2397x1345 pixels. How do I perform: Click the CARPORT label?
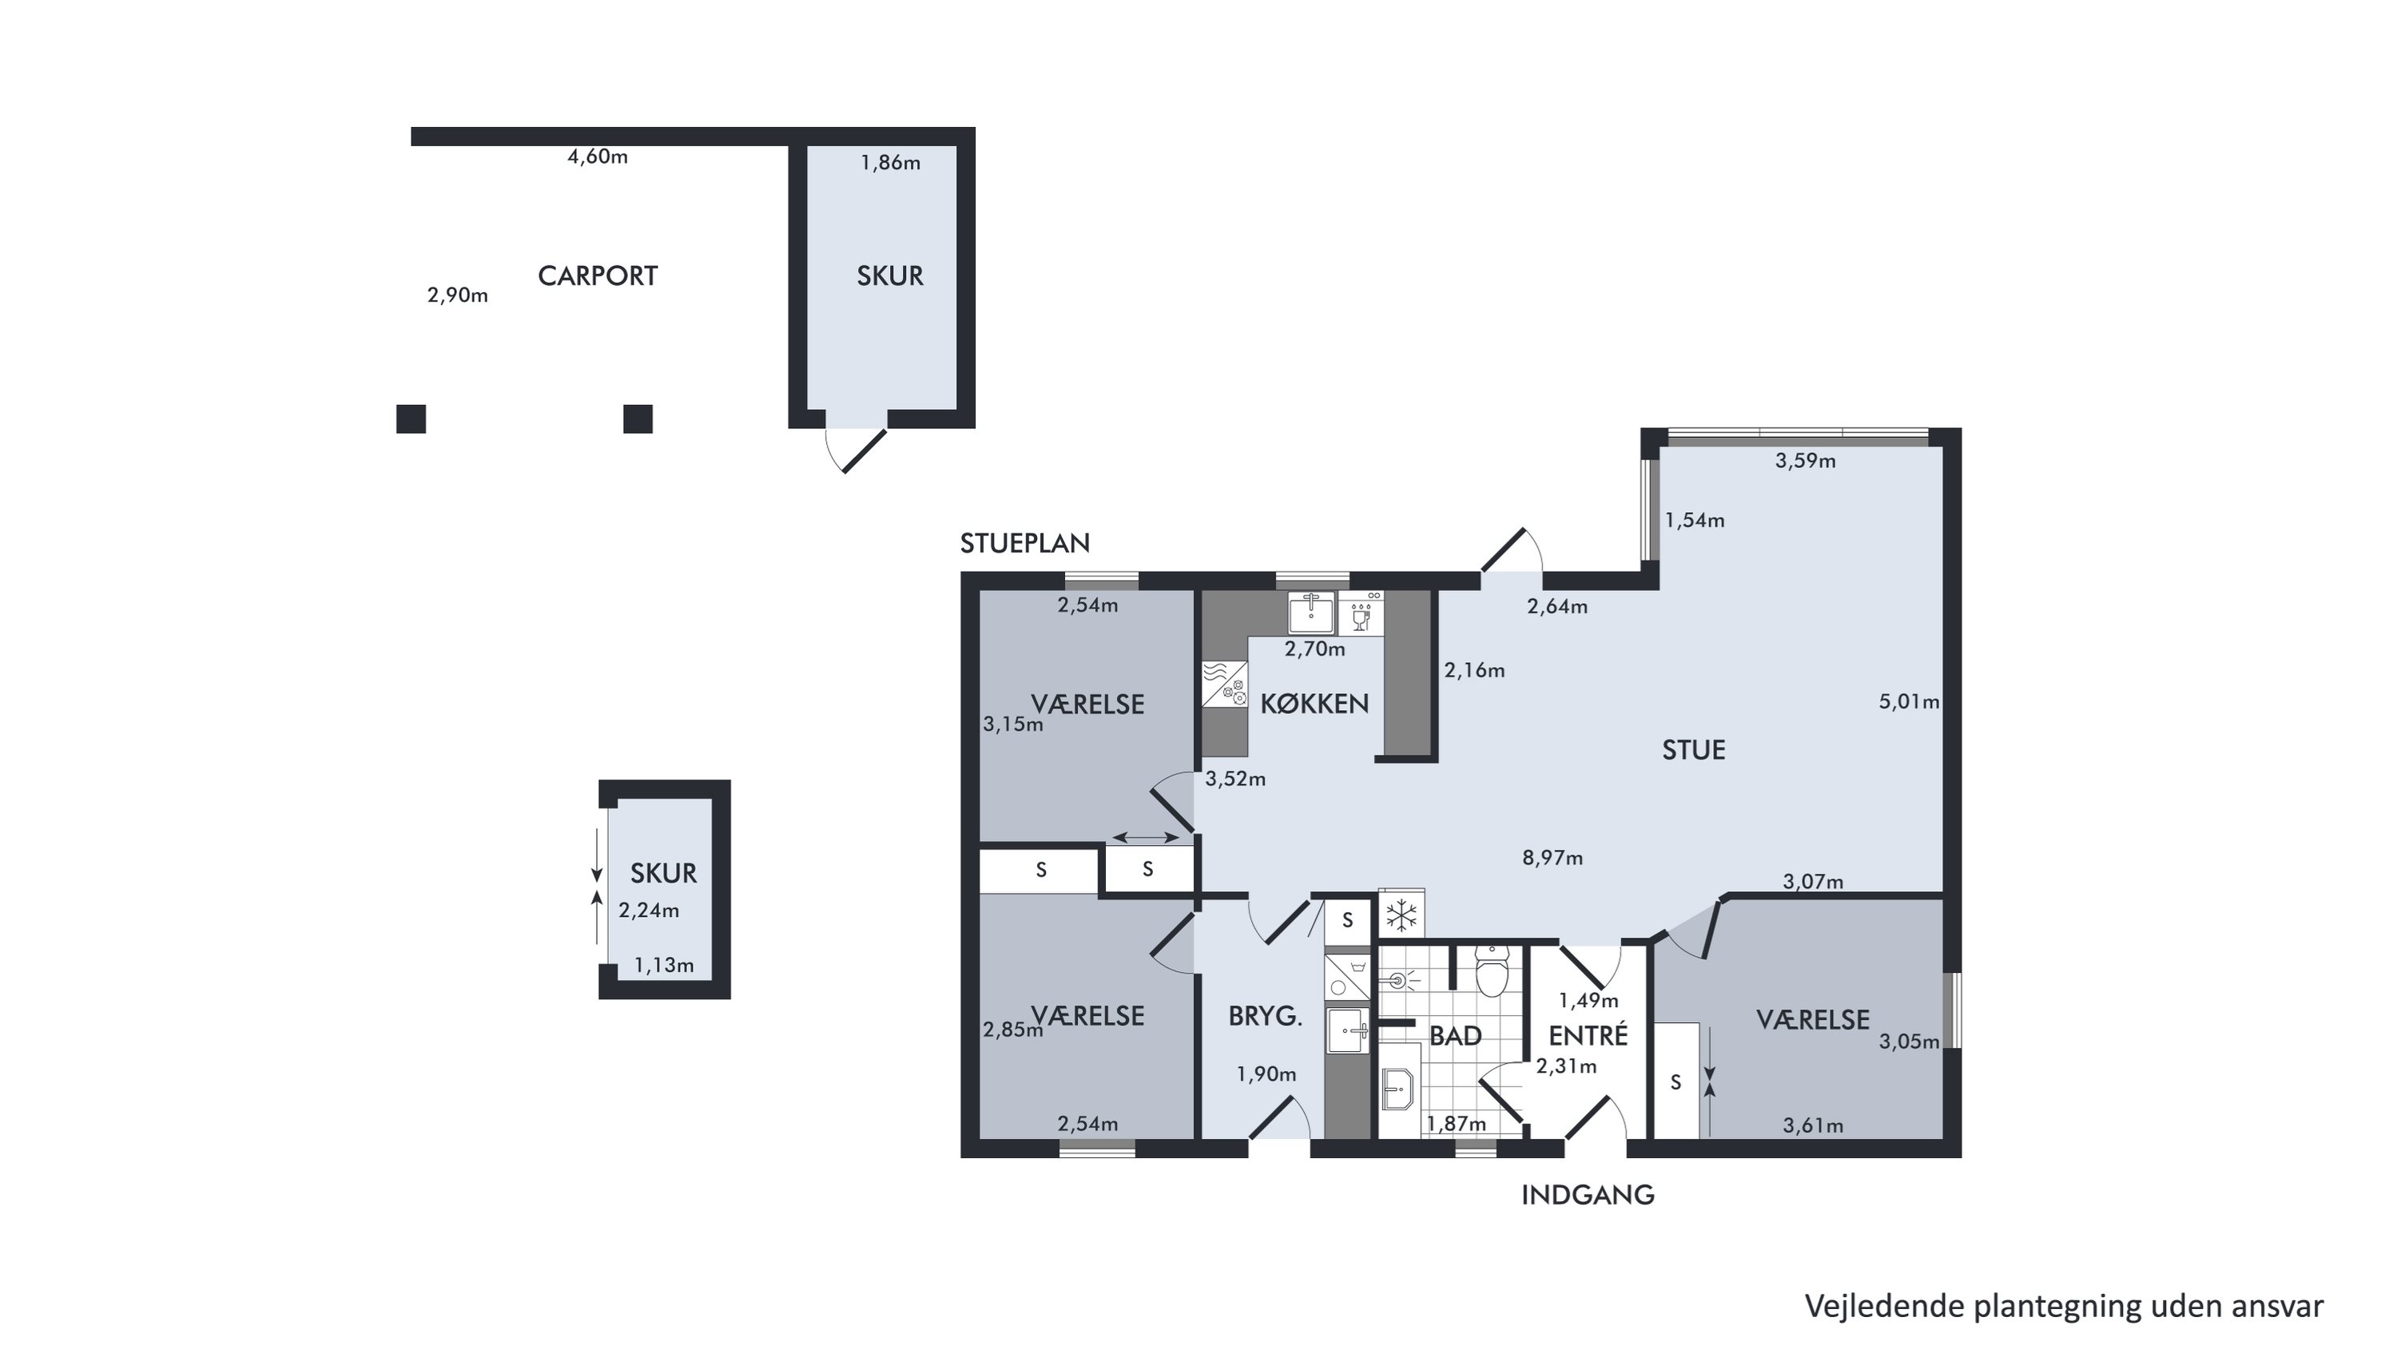tap(598, 276)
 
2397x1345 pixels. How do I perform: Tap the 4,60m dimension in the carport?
tap(598, 157)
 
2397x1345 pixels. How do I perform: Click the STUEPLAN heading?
tap(1024, 543)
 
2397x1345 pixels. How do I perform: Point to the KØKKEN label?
tap(1314, 703)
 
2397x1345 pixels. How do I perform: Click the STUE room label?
tap(1694, 750)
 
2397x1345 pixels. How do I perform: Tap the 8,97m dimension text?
tap(1552, 858)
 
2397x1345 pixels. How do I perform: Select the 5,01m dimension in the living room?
tap(1910, 701)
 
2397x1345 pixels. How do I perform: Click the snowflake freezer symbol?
tap(1401, 915)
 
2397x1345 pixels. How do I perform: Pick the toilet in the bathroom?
tap(1492, 971)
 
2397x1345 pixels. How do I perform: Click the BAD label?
tap(1455, 1035)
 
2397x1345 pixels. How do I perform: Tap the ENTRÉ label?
tap(1588, 1035)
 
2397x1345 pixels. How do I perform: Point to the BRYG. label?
tap(1265, 1017)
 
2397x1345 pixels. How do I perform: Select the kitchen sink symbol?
tap(1311, 612)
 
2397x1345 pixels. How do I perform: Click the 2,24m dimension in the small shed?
tap(649, 911)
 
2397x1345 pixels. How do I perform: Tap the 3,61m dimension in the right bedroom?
tap(1813, 1125)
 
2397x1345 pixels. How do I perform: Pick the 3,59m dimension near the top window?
tap(1805, 460)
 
